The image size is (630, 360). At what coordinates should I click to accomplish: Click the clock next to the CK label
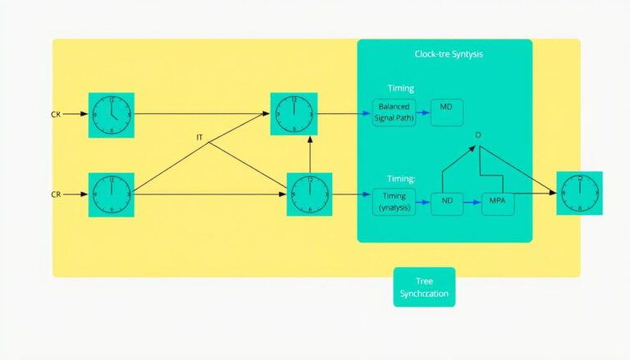(x=111, y=114)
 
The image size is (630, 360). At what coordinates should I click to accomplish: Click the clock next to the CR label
(x=111, y=195)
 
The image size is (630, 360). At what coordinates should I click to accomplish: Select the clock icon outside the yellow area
(x=579, y=194)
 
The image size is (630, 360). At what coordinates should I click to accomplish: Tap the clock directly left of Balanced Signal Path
(x=293, y=114)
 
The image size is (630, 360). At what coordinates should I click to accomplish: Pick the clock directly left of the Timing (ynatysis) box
(x=309, y=195)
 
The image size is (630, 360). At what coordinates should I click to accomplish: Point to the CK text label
(x=56, y=114)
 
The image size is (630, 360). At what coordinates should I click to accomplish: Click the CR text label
(x=56, y=195)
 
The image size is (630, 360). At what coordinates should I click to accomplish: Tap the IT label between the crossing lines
(x=199, y=137)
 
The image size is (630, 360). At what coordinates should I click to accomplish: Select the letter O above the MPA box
(x=478, y=134)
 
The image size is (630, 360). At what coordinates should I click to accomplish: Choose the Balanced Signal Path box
(x=395, y=112)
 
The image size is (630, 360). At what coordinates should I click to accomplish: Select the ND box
(x=447, y=201)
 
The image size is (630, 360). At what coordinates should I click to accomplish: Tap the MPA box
(x=497, y=201)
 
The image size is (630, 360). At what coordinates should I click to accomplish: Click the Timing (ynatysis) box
(x=395, y=202)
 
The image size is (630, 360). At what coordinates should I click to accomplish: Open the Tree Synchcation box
(x=424, y=287)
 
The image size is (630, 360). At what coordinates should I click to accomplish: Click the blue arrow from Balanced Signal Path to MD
(x=422, y=112)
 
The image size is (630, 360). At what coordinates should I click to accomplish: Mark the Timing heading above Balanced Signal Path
(x=401, y=88)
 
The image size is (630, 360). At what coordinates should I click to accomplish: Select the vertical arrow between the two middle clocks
(x=309, y=153)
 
